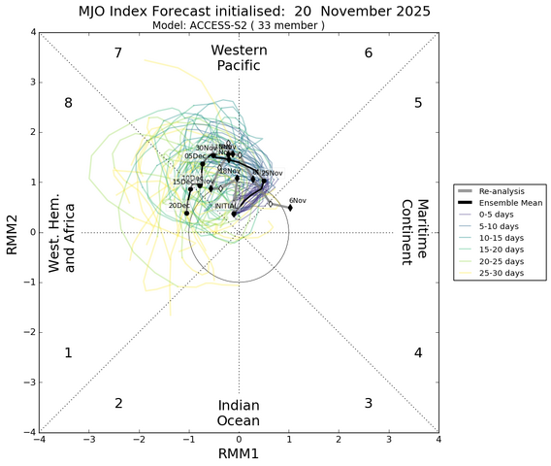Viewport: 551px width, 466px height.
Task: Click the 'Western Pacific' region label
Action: point(238,57)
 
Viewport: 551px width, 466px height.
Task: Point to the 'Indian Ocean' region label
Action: point(238,413)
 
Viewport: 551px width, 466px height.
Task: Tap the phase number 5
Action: point(418,103)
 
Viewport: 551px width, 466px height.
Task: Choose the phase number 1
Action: point(68,353)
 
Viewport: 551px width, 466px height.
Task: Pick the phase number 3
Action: point(369,403)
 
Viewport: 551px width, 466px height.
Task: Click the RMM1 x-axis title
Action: point(238,455)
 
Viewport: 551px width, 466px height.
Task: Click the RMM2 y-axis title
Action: point(12,232)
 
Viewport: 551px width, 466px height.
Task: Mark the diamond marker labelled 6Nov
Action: point(289,207)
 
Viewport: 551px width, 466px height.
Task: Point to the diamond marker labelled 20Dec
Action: point(186,213)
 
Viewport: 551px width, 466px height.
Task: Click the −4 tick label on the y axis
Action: point(29,432)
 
